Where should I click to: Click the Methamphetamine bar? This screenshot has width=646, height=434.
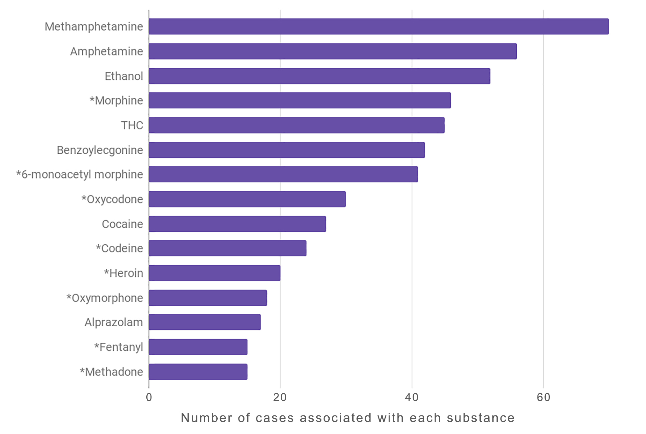[379, 26]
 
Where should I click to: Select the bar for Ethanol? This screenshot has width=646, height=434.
[319, 76]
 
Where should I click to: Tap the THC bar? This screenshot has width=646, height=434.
[297, 125]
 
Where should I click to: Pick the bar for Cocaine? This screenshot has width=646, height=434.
[237, 224]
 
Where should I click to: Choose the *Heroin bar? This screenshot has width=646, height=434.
[214, 273]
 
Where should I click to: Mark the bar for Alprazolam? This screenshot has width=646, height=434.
[205, 322]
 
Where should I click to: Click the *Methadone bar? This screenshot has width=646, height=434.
[198, 372]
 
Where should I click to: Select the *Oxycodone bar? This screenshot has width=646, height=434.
[247, 199]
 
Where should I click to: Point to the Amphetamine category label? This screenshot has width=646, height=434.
[106, 51]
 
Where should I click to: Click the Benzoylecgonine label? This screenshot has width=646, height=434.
[100, 150]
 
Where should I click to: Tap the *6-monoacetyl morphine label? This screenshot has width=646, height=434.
[79, 174]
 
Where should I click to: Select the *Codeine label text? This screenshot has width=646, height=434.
[119, 248]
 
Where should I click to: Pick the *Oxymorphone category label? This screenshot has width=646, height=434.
[105, 298]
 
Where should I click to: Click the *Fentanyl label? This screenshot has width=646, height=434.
[119, 347]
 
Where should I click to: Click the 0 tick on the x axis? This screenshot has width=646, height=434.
[149, 397]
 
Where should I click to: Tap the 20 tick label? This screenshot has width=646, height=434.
[280, 397]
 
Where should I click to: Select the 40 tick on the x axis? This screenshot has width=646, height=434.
[412, 397]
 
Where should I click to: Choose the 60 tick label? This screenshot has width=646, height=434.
[543, 397]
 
